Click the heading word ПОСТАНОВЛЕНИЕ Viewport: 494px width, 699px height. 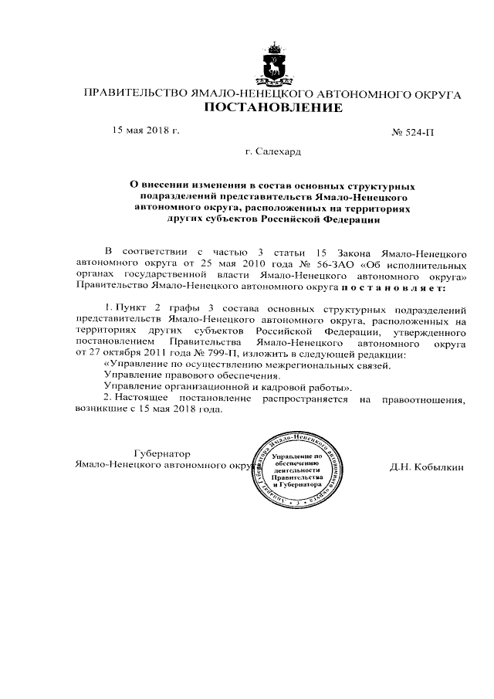(x=273, y=108)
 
